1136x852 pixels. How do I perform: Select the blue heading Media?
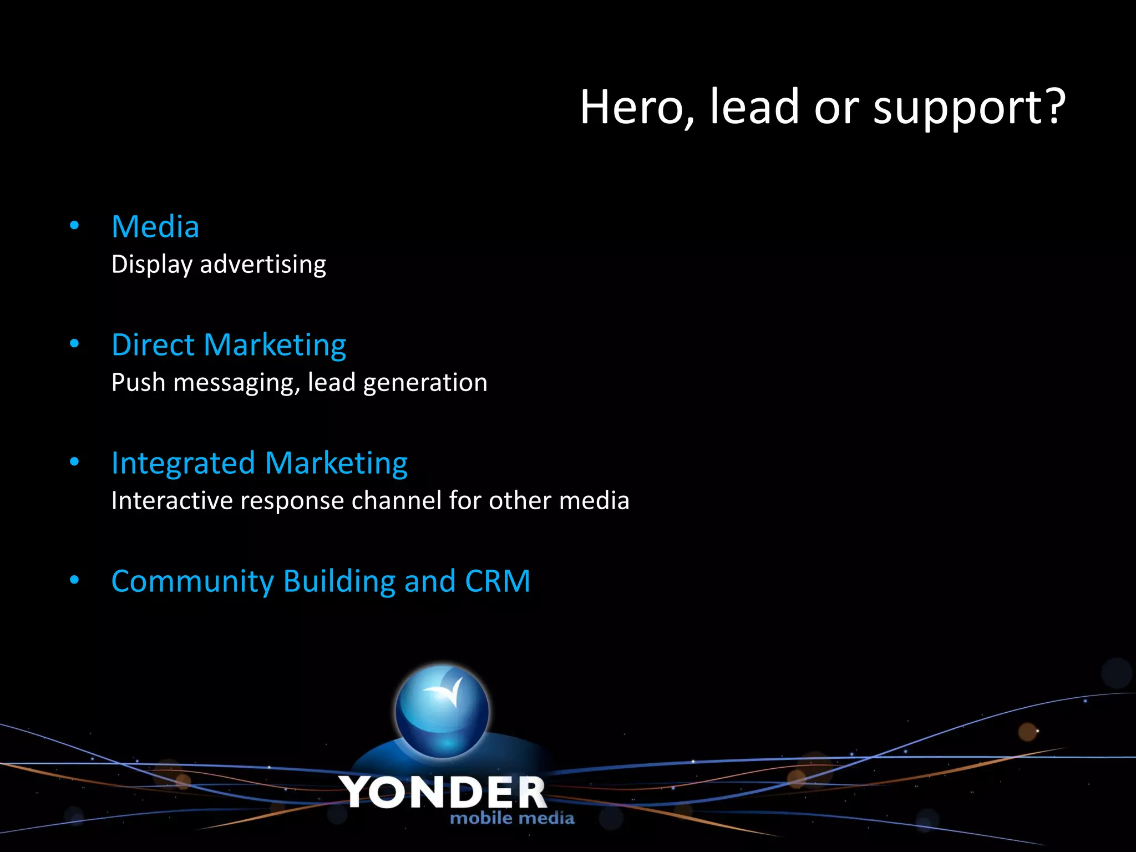tap(155, 227)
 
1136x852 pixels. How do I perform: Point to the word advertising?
tap(263, 264)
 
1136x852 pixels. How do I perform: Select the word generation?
tap(425, 383)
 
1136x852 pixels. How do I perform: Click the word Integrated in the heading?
tap(183, 463)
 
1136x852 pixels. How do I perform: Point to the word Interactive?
tap(172, 500)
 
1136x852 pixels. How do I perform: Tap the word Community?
tap(192, 582)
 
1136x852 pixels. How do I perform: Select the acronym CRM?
tap(498, 581)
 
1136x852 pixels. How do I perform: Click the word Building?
tap(339, 582)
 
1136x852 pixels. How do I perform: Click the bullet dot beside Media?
tap(74, 226)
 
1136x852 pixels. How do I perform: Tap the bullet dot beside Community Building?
tap(74, 580)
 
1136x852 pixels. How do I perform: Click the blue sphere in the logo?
tap(442, 711)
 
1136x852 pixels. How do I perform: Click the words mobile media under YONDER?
tap(512, 818)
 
